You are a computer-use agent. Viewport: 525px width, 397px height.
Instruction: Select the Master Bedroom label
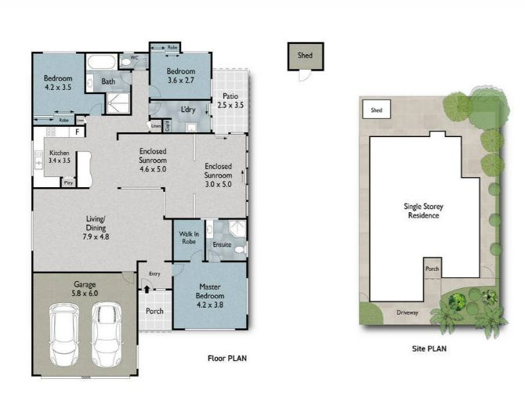tap(210, 291)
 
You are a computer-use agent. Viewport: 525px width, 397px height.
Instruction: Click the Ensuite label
tap(223, 244)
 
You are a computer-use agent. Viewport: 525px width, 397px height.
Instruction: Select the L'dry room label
tap(188, 110)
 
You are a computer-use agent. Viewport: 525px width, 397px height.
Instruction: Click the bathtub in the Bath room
tap(100, 63)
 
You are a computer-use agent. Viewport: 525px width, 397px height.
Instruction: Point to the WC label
tap(134, 57)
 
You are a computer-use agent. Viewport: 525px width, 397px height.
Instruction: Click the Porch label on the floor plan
tap(155, 310)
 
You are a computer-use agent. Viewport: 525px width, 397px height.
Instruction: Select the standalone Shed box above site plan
tap(304, 56)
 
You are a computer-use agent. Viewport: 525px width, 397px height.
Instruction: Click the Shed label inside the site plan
tap(376, 110)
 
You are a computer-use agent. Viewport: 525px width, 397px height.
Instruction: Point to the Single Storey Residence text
tap(423, 210)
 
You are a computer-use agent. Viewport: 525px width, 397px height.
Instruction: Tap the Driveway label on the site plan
tap(408, 312)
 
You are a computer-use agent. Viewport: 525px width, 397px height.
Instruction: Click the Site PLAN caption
tap(429, 348)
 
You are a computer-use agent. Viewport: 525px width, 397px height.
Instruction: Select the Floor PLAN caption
tap(227, 358)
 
